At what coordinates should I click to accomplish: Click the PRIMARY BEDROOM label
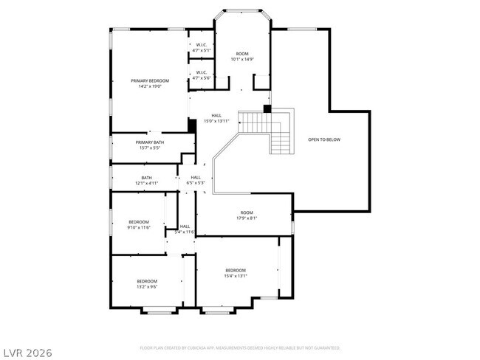pos(150,80)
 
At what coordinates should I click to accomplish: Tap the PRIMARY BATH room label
pos(149,142)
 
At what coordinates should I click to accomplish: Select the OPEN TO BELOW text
pos(324,139)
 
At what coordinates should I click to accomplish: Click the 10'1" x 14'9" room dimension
pos(242,59)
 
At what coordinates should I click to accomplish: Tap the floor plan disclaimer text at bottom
pos(239,347)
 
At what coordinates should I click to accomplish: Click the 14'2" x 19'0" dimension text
pos(150,86)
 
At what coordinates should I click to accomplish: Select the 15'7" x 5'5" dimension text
pos(149,148)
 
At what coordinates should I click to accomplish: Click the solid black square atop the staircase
pos(267,109)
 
